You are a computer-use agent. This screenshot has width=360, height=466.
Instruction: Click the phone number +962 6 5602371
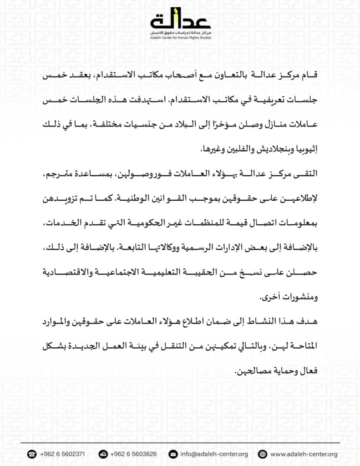click(x=62, y=454)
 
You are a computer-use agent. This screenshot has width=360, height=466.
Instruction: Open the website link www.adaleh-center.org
click(x=304, y=454)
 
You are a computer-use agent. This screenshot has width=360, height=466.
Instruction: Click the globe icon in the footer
click(x=262, y=454)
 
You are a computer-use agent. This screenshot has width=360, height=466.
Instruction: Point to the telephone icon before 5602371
click(x=31, y=454)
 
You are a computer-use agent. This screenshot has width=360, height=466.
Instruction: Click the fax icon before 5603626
click(x=103, y=454)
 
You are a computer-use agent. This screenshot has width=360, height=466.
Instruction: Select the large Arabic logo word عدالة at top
click(x=180, y=21)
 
